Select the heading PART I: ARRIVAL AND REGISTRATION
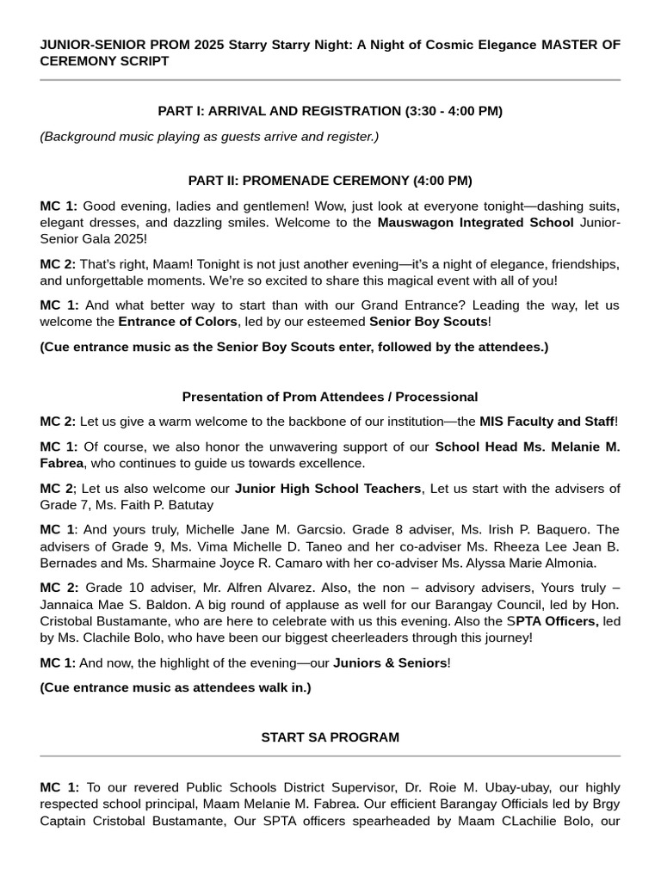click(330, 111)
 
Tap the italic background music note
click(209, 136)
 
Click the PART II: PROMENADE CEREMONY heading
click(330, 181)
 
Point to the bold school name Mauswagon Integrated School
click(475, 223)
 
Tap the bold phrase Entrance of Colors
click(177, 322)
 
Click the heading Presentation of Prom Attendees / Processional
click(330, 397)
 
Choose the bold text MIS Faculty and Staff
click(547, 422)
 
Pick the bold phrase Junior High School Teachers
click(328, 489)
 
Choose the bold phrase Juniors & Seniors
click(390, 662)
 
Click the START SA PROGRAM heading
click(330, 737)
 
